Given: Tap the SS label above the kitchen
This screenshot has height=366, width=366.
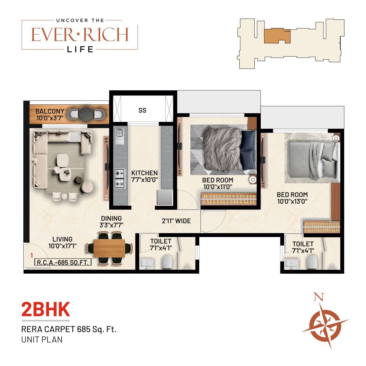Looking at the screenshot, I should click(x=142, y=110).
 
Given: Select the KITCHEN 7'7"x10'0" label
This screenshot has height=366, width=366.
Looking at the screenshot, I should click(x=144, y=176).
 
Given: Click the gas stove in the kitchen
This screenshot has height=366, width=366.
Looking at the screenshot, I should click(x=120, y=178).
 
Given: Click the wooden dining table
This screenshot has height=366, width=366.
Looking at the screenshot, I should click(x=110, y=248).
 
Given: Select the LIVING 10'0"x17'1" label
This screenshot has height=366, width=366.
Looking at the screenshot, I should click(x=63, y=242).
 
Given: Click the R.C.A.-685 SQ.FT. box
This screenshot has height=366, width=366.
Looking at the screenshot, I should click(x=63, y=262).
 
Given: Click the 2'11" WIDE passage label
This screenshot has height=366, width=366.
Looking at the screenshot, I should click(x=176, y=221).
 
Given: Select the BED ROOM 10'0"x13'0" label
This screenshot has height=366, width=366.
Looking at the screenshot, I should click(x=292, y=198).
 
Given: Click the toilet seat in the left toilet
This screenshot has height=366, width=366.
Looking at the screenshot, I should click(x=167, y=262).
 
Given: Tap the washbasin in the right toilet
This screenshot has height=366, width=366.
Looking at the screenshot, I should click(x=291, y=264).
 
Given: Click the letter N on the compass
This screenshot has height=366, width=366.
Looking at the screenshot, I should click(x=318, y=297).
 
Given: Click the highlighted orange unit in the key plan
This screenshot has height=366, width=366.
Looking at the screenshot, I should click(x=277, y=36).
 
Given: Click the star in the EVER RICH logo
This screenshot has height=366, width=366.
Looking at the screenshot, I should click(x=79, y=34).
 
